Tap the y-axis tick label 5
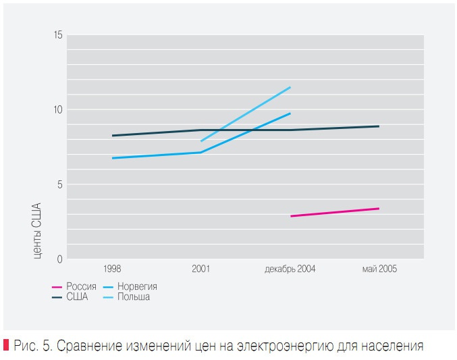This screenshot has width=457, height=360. (x=59, y=184)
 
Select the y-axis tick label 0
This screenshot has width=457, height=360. (x=59, y=259)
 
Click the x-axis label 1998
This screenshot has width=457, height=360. (x=113, y=269)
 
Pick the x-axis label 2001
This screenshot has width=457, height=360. (x=200, y=269)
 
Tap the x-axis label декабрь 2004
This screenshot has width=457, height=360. (x=290, y=269)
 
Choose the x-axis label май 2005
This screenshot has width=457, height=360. (x=379, y=269)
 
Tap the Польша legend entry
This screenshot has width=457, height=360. (x=133, y=297)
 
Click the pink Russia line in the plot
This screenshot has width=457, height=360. (x=334, y=212)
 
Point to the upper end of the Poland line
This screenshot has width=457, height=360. (x=290, y=87)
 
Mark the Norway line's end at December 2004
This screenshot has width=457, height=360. (x=290, y=113)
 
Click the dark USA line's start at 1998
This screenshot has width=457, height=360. (x=113, y=136)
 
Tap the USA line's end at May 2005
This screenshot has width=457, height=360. (x=378, y=126)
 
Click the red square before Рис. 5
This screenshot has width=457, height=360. (x=6, y=346)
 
